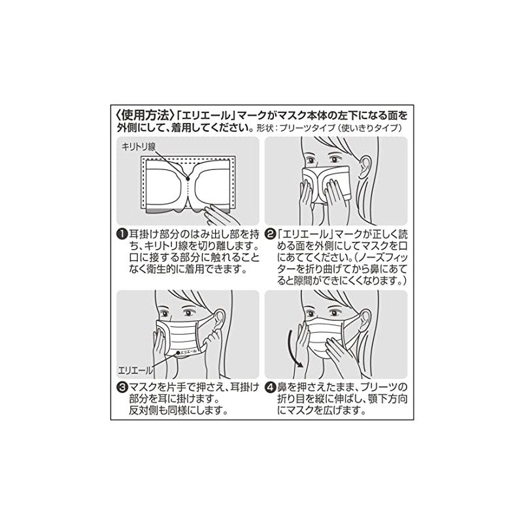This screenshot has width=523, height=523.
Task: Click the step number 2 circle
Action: (270, 234)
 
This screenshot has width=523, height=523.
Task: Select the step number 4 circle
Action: (270, 387)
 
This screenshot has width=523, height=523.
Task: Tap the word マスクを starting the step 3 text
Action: (143, 387)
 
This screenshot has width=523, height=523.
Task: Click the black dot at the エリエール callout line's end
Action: (178, 354)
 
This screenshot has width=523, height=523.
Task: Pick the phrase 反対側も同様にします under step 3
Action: (178, 412)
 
